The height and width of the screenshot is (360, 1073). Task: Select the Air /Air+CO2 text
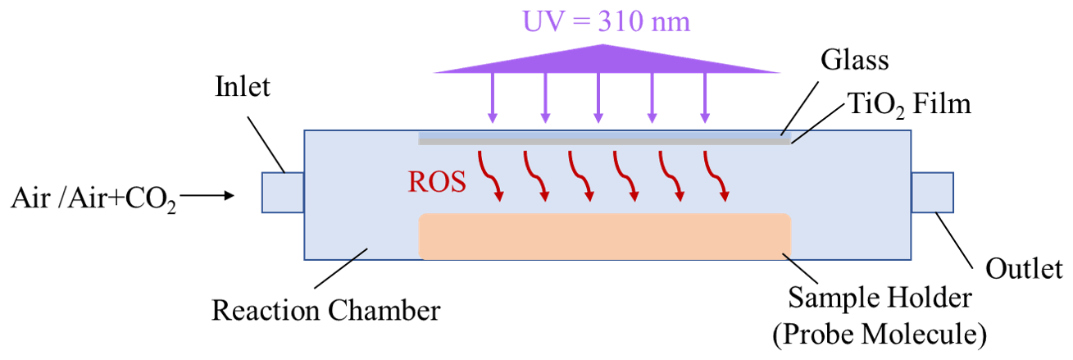click(x=94, y=198)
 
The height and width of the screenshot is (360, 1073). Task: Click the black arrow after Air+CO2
click(x=209, y=196)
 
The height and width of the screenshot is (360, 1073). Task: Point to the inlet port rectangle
click(x=283, y=194)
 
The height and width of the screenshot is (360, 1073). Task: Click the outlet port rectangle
click(x=932, y=194)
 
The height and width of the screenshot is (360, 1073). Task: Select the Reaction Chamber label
click(x=326, y=311)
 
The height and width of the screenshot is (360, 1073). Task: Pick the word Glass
click(x=853, y=60)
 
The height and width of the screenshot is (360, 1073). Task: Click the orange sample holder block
click(x=605, y=236)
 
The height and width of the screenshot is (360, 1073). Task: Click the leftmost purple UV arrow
click(x=492, y=98)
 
